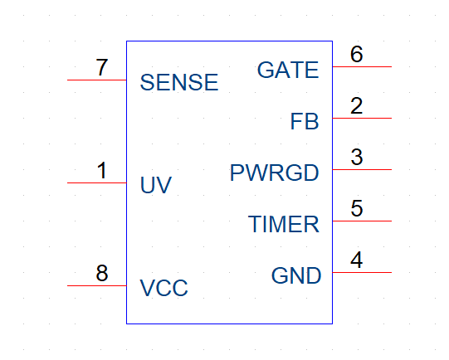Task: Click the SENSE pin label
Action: pyautogui.click(x=179, y=82)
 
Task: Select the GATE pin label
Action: pyautogui.click(x=288, y=70)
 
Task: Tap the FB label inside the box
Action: pyautogui.click(x=305, y=121)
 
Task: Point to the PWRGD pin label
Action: pyautogui.click(x=275, y=173)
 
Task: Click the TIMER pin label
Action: pyautogui.click(x=284, y=224)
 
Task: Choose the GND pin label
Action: pyautogui.click(x=296, y=275)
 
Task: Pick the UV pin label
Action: pyautogui.click(x=156, y=185)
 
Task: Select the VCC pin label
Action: pyautogui.click(x=163, y=288)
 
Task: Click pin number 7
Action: pyautogui.click(x=102, y=67)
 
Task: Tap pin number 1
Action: pyautogui.click(x=102, y=170)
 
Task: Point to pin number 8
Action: pyautogui.click(x=102, y=273)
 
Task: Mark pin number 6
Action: pyautogui.click(x=357, y=54)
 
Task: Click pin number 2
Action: pyautogui.click(x=357, y=105)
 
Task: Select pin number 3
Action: pyautogui.click(x=357, y=157)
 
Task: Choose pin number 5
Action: pyautogui.click(x=357, y=208)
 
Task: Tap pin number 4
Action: pyautogui.click(x=357, y=260)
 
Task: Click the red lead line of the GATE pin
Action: pyautogui.click(x=362, y=66)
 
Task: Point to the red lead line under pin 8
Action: pyautogui.click(x=97, y=285)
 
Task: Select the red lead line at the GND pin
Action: pyautogui.click(x=362, y=272)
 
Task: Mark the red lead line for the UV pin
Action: pyautogui.click(x=97, y=182)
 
